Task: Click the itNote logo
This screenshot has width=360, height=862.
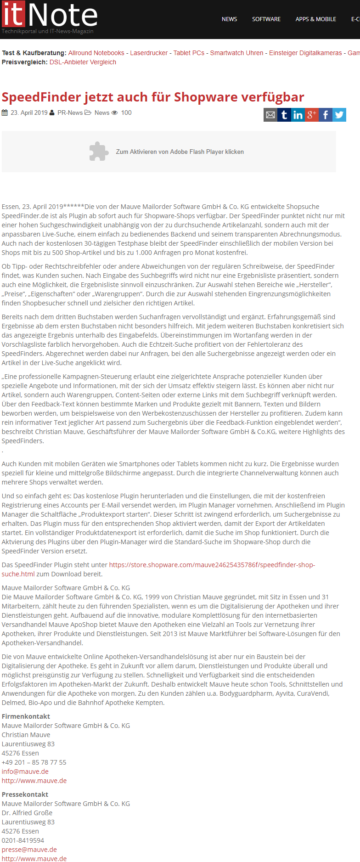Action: [50, 17]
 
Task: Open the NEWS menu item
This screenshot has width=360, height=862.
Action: [229, 19]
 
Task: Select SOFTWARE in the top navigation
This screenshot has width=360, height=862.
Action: [266, 19]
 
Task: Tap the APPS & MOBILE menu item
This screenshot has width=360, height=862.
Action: [316, 19]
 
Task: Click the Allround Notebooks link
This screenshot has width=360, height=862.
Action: [96, 53]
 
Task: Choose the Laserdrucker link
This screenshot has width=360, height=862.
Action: [149, 53]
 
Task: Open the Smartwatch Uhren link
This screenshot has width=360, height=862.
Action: [237, 53]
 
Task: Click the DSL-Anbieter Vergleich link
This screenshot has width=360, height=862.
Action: [83, 62]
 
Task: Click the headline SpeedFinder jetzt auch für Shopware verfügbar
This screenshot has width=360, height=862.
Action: [153, 97]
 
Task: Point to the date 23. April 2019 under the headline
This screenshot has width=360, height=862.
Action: [29, 113]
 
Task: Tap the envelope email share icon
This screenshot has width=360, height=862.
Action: [270, 115]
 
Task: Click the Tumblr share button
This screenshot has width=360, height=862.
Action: [284, 115]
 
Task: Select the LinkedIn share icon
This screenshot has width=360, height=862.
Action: [298, 115]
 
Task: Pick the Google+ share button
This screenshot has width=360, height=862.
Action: [312, 115]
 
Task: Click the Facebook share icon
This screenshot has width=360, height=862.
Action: [326, 115]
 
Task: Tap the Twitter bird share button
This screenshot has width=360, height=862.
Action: [339, 115]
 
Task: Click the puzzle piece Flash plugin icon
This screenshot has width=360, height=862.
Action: [99, 152]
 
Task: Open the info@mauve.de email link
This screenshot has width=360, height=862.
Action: [25, 772]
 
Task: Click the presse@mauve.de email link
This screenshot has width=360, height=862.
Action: [29, 850]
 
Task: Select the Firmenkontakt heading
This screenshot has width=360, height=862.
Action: [26, 716]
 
